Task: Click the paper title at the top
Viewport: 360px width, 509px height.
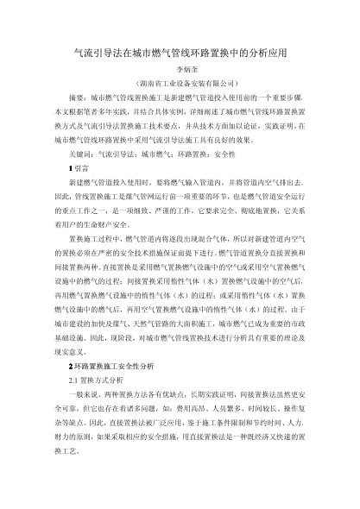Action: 180,53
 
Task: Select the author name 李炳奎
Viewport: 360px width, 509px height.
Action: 180,70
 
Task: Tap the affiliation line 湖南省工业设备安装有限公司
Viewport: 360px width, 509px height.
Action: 180,85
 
